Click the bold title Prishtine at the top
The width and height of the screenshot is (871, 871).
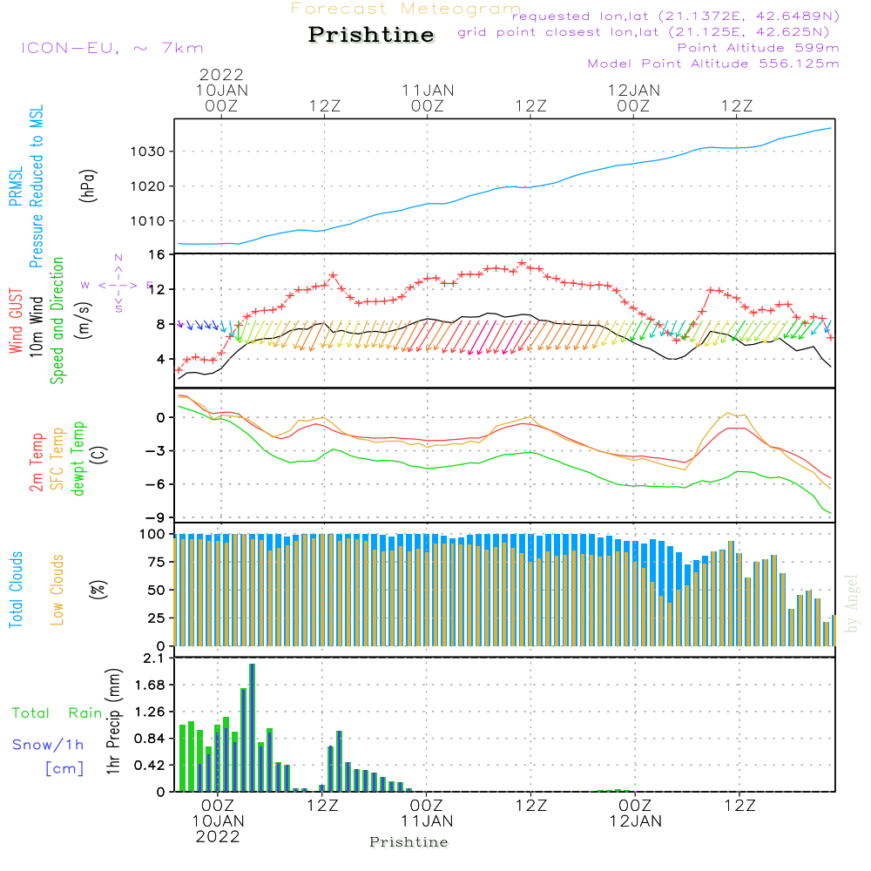[371, 36]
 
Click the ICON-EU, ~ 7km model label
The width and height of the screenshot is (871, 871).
[111, 48]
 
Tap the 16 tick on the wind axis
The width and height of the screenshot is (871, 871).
[158, 254]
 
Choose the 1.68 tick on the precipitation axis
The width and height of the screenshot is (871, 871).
[148, 685]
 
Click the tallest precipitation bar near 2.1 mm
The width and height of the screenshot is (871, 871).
[252, 727]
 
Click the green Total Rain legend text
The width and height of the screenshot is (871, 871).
[57, 713]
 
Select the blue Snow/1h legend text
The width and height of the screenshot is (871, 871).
[49, 745]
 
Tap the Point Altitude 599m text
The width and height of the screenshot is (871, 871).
[758, 48]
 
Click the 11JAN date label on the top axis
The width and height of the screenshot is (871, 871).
[428, 90]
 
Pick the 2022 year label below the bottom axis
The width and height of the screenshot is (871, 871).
[218, 836]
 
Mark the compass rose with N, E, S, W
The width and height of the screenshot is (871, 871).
[118, 284]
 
